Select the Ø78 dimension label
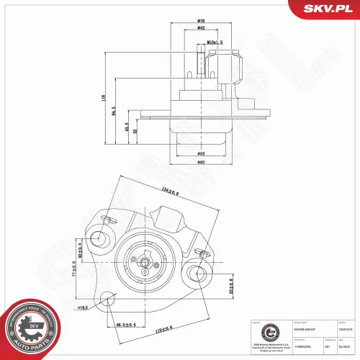(x=202, y=22)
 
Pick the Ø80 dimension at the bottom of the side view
(x=202, y=161)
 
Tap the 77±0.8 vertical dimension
(x=73, y=274)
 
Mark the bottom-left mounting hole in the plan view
(x=107, y=298)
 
